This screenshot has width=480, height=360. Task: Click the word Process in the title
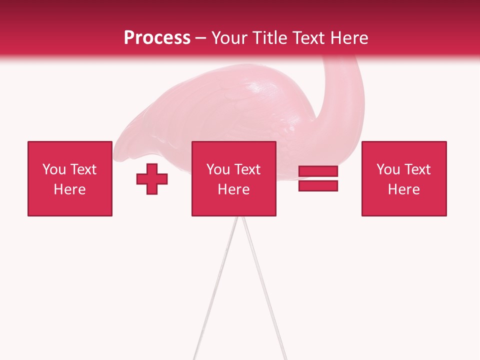pyautogui.click(x=157, y=38)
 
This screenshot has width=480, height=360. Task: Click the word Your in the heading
pyautogui.click(x=228, y=38)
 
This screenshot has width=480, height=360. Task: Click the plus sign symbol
pyautogui.click(x=152, y=178)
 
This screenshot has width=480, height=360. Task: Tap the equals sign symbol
pyautogui.click(x=318, y=178)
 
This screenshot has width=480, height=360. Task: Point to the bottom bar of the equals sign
pyautogui.click(x=318, y=185)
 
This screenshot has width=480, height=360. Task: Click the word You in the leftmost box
pyautogui.click(x=54, y=169)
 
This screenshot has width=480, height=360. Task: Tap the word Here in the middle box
pyautogui.click(x=234, y=189)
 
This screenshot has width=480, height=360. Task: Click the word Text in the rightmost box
pyautogui.click(x=416, y=169)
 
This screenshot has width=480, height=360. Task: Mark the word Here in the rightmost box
pyautogui.click(x=404, y=189)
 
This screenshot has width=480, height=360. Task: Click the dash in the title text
pyautogui.click(x=201, y=38)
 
